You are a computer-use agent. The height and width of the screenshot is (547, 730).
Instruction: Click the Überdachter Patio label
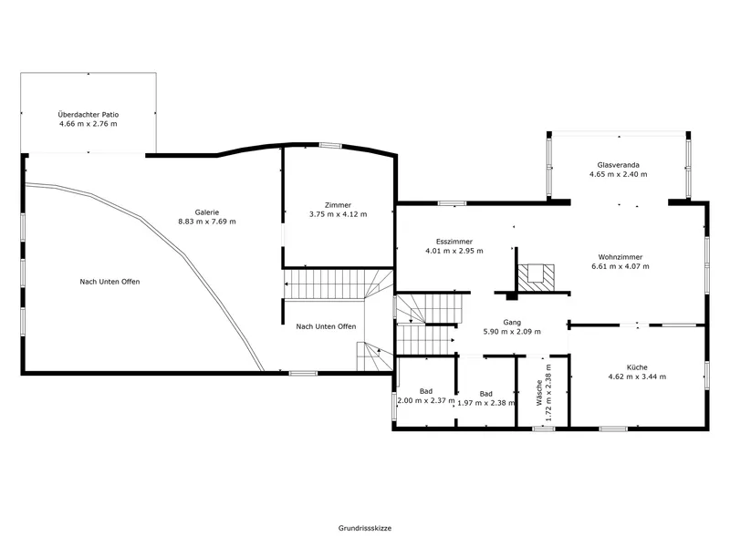click(x=89, y=115)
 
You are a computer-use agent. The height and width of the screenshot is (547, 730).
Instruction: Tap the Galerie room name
click(x=207, y=212)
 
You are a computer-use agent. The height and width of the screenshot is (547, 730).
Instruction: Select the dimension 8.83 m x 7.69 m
click(x=207, y=222)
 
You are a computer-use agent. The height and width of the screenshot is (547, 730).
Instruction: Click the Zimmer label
click(x=338, y=204)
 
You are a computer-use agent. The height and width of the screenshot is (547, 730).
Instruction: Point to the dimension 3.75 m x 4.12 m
click(x=338, y=214)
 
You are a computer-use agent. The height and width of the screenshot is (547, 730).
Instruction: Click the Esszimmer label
click(x=454, y=242)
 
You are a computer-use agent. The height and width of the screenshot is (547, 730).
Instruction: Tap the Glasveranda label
click(x=619, y=165)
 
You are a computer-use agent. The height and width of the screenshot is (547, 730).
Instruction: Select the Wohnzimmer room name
click(x=620, y=257)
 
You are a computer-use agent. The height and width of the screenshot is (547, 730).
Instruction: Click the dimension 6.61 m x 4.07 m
click(x=620, y=266)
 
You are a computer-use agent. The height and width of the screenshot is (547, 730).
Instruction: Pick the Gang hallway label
click(x=512, y=322)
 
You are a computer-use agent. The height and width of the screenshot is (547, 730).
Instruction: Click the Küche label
click(x=637, y=367)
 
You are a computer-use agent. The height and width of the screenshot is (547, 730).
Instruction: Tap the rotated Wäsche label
click(x=539, y=393)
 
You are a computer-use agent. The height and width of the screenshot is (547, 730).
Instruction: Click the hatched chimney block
click(x=537, y=278)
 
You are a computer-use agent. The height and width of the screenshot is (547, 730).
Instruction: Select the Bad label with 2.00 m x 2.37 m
click(x=426, y=391)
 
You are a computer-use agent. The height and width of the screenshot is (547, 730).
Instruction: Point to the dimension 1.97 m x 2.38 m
click(x=486, y=403)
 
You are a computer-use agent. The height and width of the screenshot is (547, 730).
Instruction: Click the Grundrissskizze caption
click(x=365, y=528)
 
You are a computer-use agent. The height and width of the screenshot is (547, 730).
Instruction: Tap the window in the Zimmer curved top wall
click(x=330, y=146)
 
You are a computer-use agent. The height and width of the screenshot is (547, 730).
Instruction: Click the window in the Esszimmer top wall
click(x=452, y=203)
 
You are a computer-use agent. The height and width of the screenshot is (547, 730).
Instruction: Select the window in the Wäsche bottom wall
click(x=544, y=428)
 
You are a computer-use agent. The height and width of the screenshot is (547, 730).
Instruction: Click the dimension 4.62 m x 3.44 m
click(x=637, y=377)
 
